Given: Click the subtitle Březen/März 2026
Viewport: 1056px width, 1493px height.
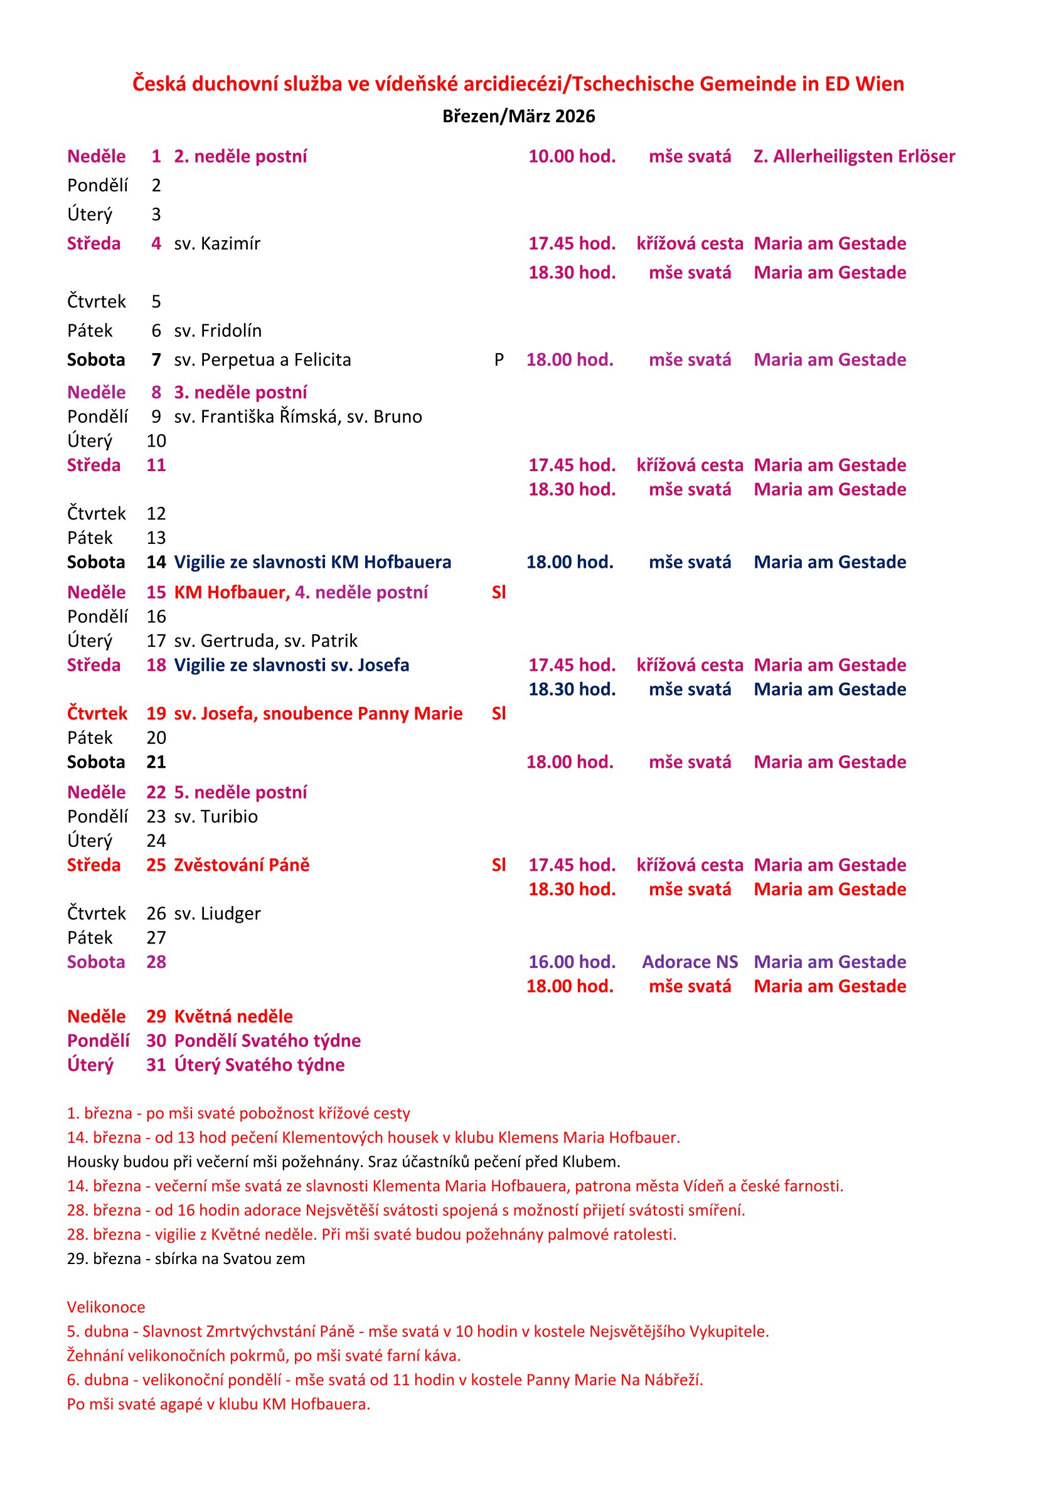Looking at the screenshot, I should [x=518, y=117].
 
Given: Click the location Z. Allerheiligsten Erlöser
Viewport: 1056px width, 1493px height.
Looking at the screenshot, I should [x=854, y=157].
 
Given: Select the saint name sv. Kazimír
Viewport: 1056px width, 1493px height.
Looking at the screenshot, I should [x=217, y=244].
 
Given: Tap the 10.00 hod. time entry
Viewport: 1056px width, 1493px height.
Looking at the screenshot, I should [x=572, y=157].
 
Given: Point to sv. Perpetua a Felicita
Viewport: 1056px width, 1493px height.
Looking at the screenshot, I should [x=262, y=360].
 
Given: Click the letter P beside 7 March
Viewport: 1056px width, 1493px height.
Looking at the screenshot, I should [x=499, y=360].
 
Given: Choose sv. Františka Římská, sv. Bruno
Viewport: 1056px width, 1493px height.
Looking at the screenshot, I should [x=298, y=417].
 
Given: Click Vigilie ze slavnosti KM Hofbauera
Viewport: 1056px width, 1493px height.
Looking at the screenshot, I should [x=312, y=563].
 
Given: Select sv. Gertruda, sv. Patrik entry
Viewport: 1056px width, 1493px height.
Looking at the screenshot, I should [x=265, y=641].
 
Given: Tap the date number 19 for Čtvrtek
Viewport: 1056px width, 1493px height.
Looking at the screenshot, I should [x=156, y=714].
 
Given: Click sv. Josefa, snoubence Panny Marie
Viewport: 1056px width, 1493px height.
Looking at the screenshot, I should [x=318, y=714].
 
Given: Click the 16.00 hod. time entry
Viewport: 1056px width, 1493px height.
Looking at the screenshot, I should [x=572, y=962].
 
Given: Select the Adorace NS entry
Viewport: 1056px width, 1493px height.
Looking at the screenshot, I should [x=690, y=962].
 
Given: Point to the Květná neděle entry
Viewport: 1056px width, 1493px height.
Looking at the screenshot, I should [x=233, y=1017].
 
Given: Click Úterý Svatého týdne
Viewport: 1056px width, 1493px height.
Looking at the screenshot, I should [x=259, y=1065].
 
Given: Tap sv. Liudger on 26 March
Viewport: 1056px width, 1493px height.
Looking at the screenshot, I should [x=217, y=914].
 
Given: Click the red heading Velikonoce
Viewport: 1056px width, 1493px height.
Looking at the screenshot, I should [x=106, y=1308].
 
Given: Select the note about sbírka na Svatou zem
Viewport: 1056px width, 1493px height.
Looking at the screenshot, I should [x=185, y=1259].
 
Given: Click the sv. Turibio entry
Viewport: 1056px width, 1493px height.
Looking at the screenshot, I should [x=216, y=817].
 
